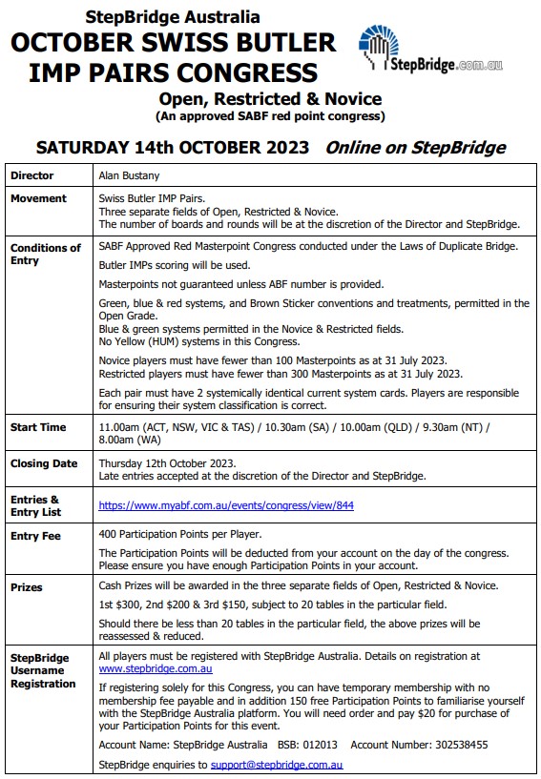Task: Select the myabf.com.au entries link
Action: (x=225, y=505)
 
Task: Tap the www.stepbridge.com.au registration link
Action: (x=155, y=669)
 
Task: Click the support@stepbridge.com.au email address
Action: (x=277, y=765)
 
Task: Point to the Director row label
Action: (x=31, y=175)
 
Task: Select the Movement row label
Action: (x=38, y=198)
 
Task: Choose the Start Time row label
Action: (x=38, y=427)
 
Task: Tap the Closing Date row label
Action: (x=44, y=463)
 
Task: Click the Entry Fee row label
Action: (x=35, y=536)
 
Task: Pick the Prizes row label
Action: (x=27, y=587)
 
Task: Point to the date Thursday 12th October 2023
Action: (x=167, y=463)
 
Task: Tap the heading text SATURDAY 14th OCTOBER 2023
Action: (x=173, y=148)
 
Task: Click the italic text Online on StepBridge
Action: (x=415, y=148)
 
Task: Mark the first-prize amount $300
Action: (x=127, y=605)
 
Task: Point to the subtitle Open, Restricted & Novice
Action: (x=270, y=99)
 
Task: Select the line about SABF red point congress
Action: (x=270, y=116)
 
